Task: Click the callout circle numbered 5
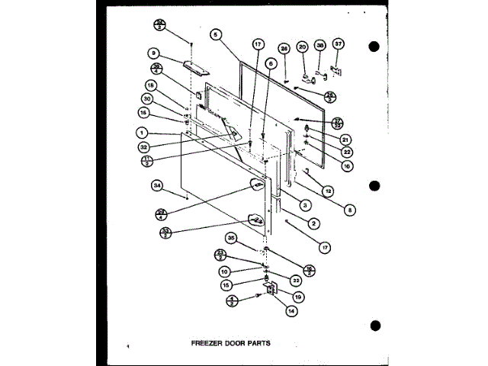coord(216,34)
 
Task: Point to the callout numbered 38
coord(320,45)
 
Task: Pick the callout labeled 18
coord(152,85)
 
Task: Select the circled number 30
coord(147,98)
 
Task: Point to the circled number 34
coord(157,185)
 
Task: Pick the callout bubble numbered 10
coord(224,271)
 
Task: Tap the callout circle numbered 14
coord(291,310)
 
